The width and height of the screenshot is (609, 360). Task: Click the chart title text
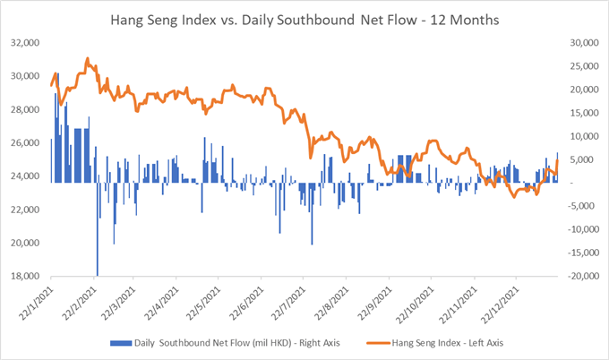coord(304,19)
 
